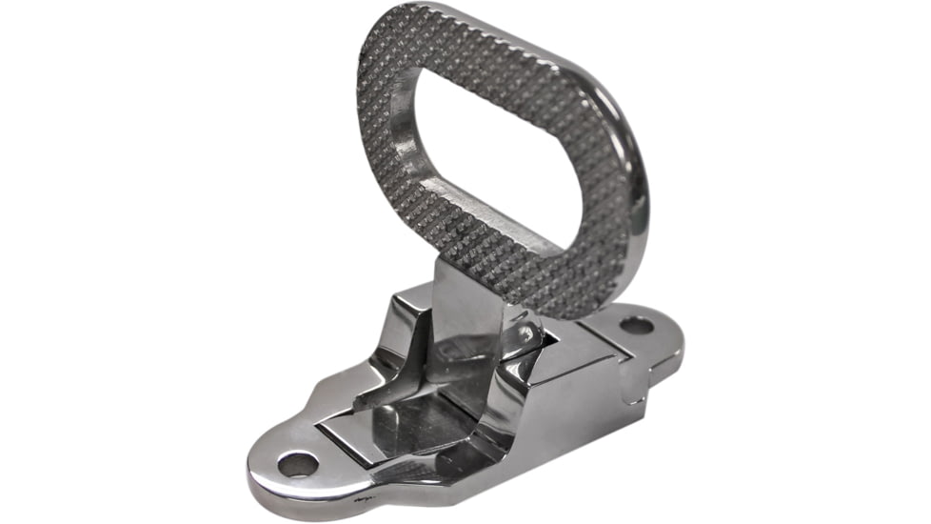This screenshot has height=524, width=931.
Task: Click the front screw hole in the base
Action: (x=297, y=464)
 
